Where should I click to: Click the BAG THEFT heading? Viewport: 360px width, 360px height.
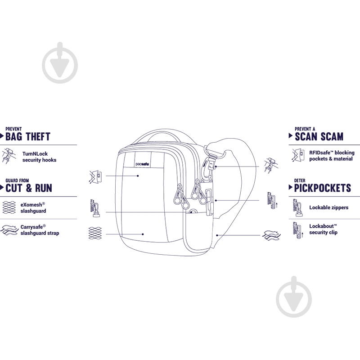pos(28,137)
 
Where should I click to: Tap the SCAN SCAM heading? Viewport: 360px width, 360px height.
pos(319,137)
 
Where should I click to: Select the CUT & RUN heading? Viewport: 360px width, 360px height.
pos(29,188)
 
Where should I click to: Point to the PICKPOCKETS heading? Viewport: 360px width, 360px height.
pos(323,188)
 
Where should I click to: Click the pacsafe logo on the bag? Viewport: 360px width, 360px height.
pos(142,164)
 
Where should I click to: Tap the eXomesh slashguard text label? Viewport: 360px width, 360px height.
pos(33,208)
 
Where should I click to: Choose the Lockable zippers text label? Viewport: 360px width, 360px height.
pos(329,207)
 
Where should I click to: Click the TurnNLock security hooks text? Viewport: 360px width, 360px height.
pos(39,157)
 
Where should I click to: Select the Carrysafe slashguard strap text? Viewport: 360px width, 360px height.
pos(40,230)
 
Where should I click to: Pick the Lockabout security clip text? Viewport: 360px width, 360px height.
pos(323,229)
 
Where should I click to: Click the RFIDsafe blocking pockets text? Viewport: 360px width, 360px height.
pos(332,156)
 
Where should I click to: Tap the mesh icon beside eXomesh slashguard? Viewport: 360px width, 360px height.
pos(9,207)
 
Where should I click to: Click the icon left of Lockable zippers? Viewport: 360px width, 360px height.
pos(298,208)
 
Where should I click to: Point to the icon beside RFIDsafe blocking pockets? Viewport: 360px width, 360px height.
pos(298,155)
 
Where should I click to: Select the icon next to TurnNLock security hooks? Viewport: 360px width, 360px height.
pos(9,156)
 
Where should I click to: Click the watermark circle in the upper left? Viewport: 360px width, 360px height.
pos(60,65)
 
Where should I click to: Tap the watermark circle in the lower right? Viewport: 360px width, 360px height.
pos(294,299)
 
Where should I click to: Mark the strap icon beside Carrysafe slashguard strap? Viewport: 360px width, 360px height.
pos(9,230)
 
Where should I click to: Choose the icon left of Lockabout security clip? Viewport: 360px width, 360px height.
pos(298,230)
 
